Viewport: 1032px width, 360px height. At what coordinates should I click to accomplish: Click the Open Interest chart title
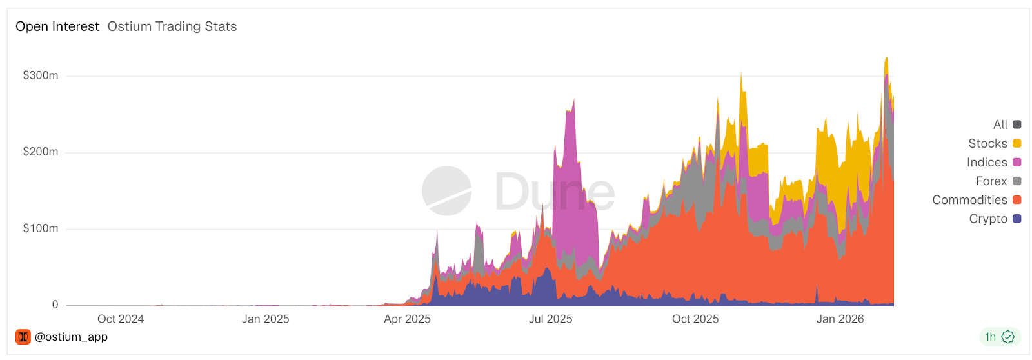pyautogui.click(x=57, y=26)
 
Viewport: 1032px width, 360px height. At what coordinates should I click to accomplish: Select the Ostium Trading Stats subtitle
pyautogui.click(x=172, y=26)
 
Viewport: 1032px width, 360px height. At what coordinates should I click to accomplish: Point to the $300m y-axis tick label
pyautogui.click(x=41, y=75)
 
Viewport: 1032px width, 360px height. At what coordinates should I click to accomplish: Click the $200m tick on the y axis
pyautogui.click(x=41, y=152)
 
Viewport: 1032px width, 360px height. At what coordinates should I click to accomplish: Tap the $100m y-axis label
pyautogui.click(x=41, y=228)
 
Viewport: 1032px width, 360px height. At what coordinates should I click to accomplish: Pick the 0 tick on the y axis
pyautogui.click(x=55, y=305)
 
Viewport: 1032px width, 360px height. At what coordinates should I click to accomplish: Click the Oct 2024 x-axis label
pyautogui.click(x=121, y=319)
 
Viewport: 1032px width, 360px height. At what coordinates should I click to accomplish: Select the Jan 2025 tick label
pyautogui.click(x=265, y=319)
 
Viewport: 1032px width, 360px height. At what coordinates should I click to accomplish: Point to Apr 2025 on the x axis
pyautogui.click(x=407, y=319)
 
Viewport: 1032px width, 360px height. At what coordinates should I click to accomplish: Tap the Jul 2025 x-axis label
pyautogui.click(x=550, y=319)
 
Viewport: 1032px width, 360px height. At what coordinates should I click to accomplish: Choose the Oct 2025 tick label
pyautogui.click(x=695, y=319)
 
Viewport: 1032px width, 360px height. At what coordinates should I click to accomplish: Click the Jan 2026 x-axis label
pyautogui.click(x=840, y=319)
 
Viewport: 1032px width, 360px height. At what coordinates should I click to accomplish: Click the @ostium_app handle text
pyautogui.click(x=71, y=337)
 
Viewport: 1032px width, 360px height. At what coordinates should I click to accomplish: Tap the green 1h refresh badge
pyautogui.click(x=999, y=337)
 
